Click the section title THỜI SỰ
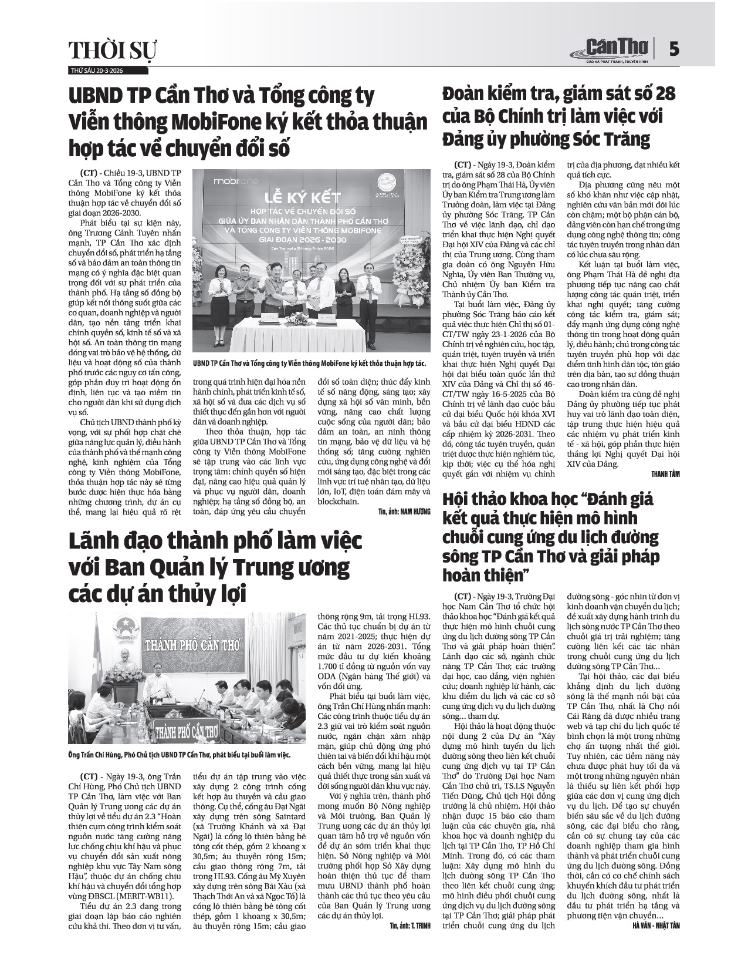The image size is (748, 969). tap(113, 51)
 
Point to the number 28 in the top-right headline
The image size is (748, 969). tap(663, 93)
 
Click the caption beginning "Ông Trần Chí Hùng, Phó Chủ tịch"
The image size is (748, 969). tap(180, 755)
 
